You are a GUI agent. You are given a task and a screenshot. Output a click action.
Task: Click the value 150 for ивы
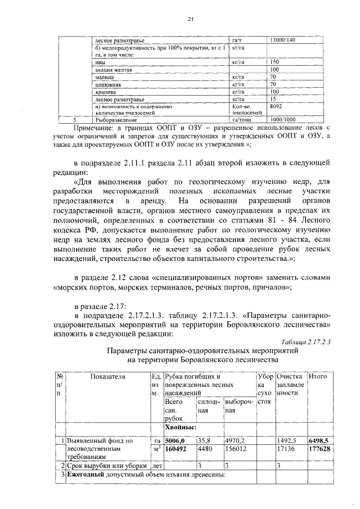[x=275, y=62]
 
